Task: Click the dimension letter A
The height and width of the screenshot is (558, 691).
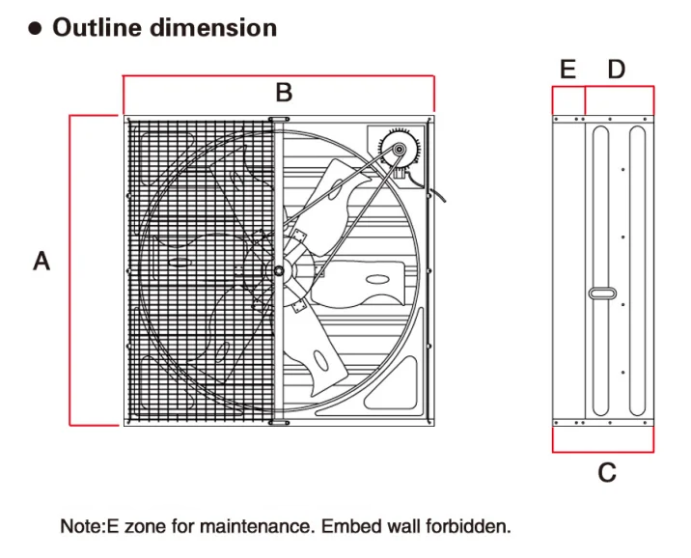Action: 41,261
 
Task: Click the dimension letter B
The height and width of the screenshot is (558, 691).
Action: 283,93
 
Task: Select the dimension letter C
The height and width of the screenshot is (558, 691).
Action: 606,472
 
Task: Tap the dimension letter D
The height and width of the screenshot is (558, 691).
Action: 617,69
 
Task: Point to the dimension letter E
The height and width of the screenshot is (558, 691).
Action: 567,69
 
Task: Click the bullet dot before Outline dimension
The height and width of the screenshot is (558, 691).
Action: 36,28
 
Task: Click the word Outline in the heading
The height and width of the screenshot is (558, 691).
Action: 96,27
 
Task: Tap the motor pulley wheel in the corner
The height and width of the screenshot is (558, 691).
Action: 397,149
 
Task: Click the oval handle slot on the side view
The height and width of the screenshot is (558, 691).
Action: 603,293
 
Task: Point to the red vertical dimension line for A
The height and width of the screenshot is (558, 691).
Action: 70,270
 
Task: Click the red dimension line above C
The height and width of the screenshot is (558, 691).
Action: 603,451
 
